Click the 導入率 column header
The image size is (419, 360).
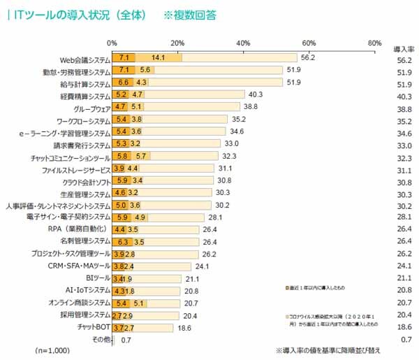(402, 50)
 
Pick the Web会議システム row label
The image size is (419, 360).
(81, 58)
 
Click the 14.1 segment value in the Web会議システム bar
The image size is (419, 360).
(158, 57)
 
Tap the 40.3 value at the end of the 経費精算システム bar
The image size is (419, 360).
(256, 94)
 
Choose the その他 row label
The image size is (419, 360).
(100, 338)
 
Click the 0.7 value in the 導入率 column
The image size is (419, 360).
(402, 339)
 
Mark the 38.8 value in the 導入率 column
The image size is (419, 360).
(402, 108)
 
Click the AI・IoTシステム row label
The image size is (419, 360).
(87, 290)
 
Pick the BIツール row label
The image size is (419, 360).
(96, 278)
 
